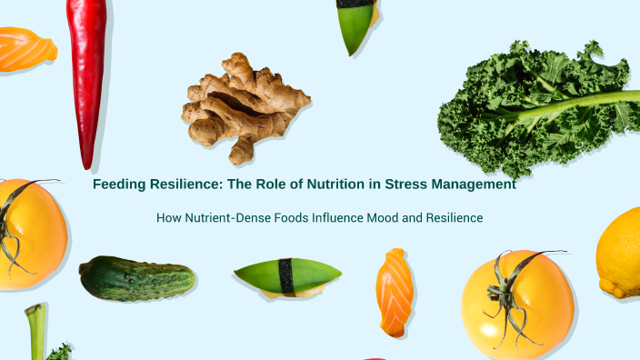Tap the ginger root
[238, 105]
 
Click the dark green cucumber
[135, 278]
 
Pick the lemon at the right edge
[622, 253]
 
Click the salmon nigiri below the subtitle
[395, 291]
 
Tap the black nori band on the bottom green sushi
[286, 276]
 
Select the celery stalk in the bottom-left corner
[35, 331]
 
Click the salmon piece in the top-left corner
[25, 49]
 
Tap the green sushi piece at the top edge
[354, 25]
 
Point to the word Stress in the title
[407, 185]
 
